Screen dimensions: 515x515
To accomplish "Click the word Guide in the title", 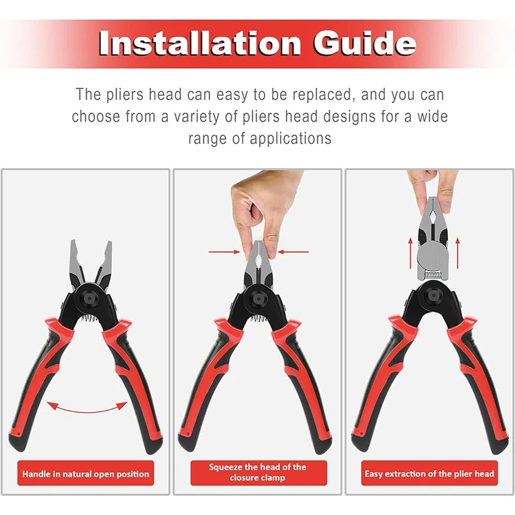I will [x=364, y=43].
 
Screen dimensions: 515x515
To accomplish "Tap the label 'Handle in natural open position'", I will [x=86, y=474].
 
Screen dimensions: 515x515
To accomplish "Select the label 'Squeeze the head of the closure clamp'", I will [x=257, y=473].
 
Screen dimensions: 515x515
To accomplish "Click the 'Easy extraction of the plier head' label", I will [x=429, y=474].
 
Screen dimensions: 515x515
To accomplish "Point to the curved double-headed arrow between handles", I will [x=88, y=407].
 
